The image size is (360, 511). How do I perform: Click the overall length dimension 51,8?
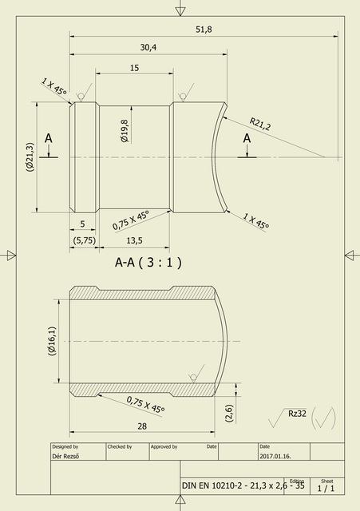click(204, 30)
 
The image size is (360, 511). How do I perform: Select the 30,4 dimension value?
click(148, 48)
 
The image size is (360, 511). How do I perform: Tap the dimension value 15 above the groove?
click(133, 68)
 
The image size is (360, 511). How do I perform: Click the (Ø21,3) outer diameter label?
click(30, 157)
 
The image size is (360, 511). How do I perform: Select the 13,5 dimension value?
click(134, 240)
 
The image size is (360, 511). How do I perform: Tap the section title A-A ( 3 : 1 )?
click(148, 262)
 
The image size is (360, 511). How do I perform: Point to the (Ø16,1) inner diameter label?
click(52, 342)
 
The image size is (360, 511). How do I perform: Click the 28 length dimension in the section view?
click(142, 426)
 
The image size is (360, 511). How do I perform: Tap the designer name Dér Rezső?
click(67, 456)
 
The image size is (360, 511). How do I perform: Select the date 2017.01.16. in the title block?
click(276, 456)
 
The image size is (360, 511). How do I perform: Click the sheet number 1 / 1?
click(326, 487)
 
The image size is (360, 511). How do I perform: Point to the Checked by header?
click(119, 446)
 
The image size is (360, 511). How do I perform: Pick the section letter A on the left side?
click(49, 139)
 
